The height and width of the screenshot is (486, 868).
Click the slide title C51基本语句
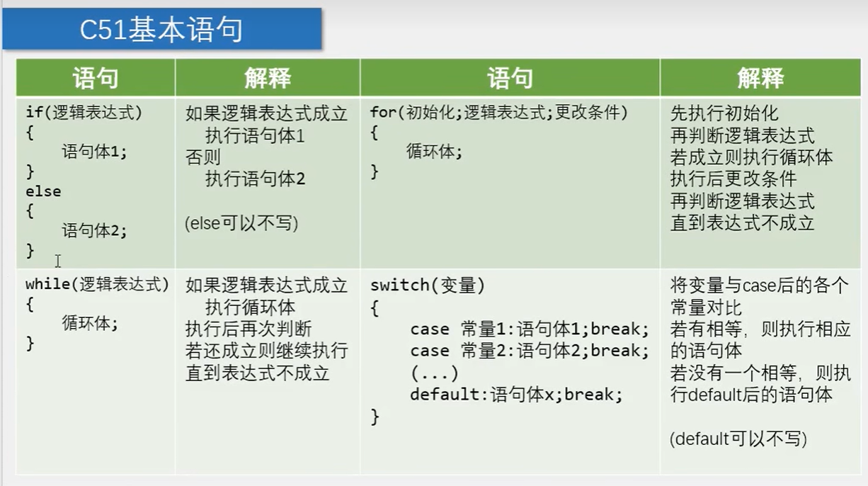(x=161, y=30)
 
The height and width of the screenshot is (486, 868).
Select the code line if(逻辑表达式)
(x=84, y=113)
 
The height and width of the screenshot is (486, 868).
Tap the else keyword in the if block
(x=43, y=191)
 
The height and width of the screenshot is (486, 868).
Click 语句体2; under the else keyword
(x=94, y=230)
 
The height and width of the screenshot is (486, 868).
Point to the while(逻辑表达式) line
(x=97, y=285)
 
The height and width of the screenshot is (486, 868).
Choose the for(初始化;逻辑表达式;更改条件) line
(x=498, y=113)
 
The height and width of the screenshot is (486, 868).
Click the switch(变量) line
(x=427, y=286)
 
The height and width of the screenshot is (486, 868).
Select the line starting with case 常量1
(x=529, y=329)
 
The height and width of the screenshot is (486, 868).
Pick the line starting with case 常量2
(x=529, y=351)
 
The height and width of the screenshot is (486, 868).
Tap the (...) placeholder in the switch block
(x=434, y=373)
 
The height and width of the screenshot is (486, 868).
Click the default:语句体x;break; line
(x=516, y=395)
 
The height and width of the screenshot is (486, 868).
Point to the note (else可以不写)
(x=241, y=223)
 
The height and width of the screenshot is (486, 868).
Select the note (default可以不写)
(x=738, y=439)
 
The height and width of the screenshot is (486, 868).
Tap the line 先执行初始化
(x=724, y=113)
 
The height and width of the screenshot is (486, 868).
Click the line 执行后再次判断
(x=249, y=329)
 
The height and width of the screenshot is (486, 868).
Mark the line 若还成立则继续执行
(x=266, y=351)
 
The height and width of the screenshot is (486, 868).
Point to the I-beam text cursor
(x=58, y=261)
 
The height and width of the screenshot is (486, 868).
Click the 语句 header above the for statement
(x=510, y=78)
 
